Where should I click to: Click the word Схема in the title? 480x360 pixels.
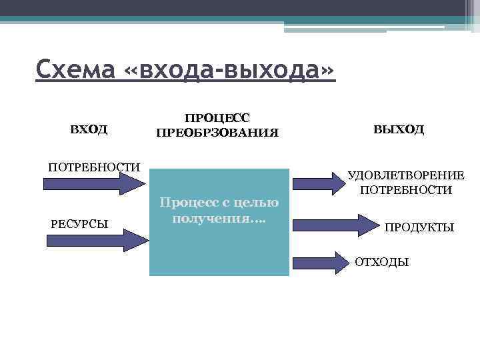(x=75, y=69)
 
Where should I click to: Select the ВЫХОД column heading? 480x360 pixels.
(x=399, y=129)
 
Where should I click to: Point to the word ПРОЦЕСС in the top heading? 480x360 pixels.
(x=217, y=117)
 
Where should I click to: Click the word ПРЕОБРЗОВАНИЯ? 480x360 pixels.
(x=217, y=133)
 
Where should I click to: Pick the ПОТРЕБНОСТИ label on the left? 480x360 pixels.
(x=94, y=166)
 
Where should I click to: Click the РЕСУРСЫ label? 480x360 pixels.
(x=80, y=223)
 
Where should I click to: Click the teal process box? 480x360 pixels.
(x=219, y=247)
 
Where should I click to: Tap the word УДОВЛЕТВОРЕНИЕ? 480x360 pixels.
(x=406, y=175)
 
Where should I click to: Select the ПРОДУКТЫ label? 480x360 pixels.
(x=419, y=227)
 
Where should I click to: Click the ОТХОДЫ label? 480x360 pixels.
(x=381, y=262)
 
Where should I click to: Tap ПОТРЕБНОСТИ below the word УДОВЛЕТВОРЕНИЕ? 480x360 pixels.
(x=406, y=190)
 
